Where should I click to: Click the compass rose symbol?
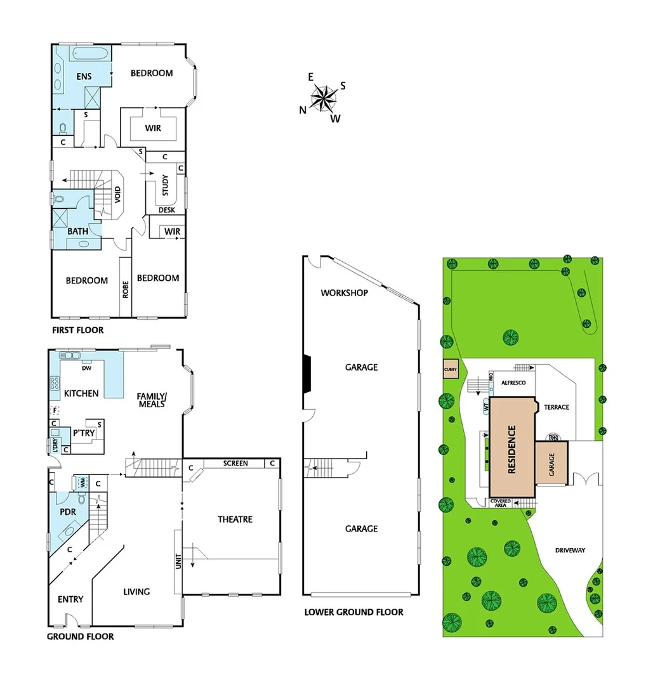(x=326, y=97)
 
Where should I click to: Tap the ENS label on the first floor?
(x=84, y=77)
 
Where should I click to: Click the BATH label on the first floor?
(x=79, y=232)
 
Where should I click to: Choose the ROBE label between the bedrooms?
(x=126, y=289)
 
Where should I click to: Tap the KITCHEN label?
(x=81, y=393)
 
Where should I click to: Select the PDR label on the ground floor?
(x=67, y=511)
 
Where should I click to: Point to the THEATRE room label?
(x=235, y=519)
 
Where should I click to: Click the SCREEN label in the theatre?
(x=235, y=464)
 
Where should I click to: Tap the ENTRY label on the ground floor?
(x=70, y=599)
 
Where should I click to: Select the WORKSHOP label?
(x=345, y=293)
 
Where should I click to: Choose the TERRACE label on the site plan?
(x=557, y=407)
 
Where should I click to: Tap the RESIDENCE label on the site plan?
(x=511, y=448)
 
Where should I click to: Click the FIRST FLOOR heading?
(x=78, y=330)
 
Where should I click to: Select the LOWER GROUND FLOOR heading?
(x=353, y=612)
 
